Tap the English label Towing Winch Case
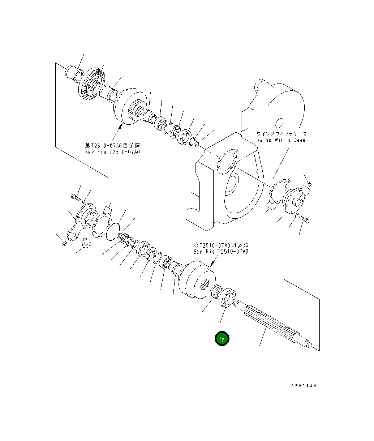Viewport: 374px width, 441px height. click(279, 140)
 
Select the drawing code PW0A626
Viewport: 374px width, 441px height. click(304, 386)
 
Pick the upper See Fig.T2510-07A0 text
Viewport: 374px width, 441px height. click(112, 151)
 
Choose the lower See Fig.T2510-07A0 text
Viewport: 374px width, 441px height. click(221, 251)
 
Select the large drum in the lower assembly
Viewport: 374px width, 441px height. click(197, 279)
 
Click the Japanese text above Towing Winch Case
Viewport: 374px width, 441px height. click(279, 134)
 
